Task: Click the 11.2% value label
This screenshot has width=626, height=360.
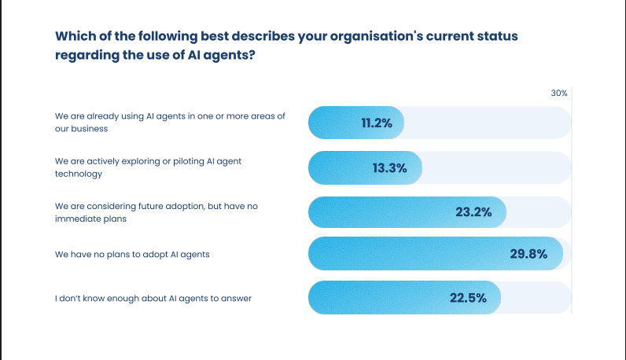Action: [377, 123]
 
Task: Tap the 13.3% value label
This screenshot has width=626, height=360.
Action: [389, 167]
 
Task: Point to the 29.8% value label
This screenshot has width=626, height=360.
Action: [528, 253]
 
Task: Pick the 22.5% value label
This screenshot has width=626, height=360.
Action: [468, 298]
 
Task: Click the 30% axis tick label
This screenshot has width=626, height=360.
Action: [558, 93]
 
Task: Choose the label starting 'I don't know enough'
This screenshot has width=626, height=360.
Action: [153, 298]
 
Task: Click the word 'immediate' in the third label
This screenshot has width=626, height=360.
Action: [75, 219]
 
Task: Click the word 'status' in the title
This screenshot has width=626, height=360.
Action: [495, 37]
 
